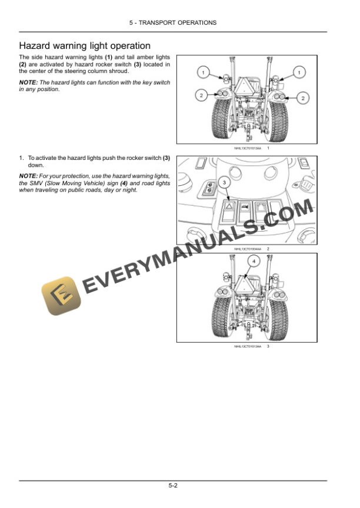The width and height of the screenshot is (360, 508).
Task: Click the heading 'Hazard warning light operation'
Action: (85, 45)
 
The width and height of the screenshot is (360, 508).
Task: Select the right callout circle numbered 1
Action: (299, 72)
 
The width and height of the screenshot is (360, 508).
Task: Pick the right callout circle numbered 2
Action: (302, 98)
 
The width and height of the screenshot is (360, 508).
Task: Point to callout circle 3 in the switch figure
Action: (225, 184)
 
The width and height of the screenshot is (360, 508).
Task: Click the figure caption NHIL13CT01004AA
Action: (248, 249)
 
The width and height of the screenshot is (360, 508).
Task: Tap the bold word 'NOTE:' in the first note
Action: (29, 83)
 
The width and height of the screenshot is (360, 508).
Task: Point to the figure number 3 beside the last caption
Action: (268, 346)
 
